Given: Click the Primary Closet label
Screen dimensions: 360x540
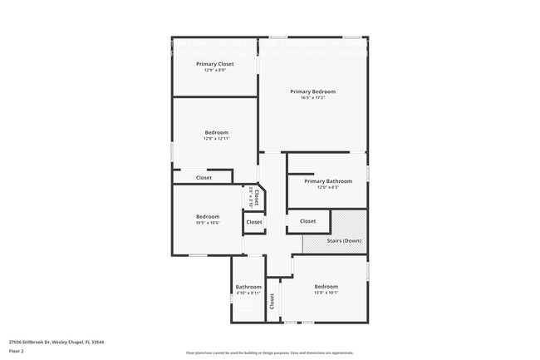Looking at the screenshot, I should click(x=214, y=64).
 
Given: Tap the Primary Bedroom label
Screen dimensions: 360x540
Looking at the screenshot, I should click(x=312, y=91).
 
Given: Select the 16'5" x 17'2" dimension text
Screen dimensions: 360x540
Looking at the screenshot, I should click(x=312, y=98).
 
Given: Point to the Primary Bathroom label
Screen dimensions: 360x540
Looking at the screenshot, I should click(x=328, y=181).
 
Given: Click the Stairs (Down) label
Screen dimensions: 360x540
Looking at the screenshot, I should click(x=343, y=241).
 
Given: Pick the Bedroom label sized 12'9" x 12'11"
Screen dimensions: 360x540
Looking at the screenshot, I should click(x=216, y=132).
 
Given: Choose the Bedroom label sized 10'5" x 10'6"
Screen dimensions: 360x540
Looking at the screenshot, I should click(x=208, y=217).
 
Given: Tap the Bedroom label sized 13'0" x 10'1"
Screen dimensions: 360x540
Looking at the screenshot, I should click(x=326, y=287).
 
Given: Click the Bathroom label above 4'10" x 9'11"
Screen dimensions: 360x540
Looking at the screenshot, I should click(x=248, y=287).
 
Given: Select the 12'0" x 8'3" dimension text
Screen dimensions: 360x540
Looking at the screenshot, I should click(x=328, y=187).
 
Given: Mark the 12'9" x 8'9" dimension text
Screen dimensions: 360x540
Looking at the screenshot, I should click(x=214, y=70).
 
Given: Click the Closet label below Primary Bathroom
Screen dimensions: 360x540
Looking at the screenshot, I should click(x=307, y=221).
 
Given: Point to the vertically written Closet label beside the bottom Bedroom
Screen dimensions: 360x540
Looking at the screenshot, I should click(x=272, y=302).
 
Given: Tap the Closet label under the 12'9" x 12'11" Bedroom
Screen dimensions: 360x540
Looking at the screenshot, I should click(x=204, y=177).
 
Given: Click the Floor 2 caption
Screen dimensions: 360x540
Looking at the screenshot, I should click(x=17, y=352).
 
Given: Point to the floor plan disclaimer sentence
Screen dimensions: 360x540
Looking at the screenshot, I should click(x=269, y=353).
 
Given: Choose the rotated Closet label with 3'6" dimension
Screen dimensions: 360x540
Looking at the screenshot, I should click(x=257, y=198).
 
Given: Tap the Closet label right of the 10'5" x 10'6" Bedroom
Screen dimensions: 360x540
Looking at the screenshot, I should click(x=253, y=222).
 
